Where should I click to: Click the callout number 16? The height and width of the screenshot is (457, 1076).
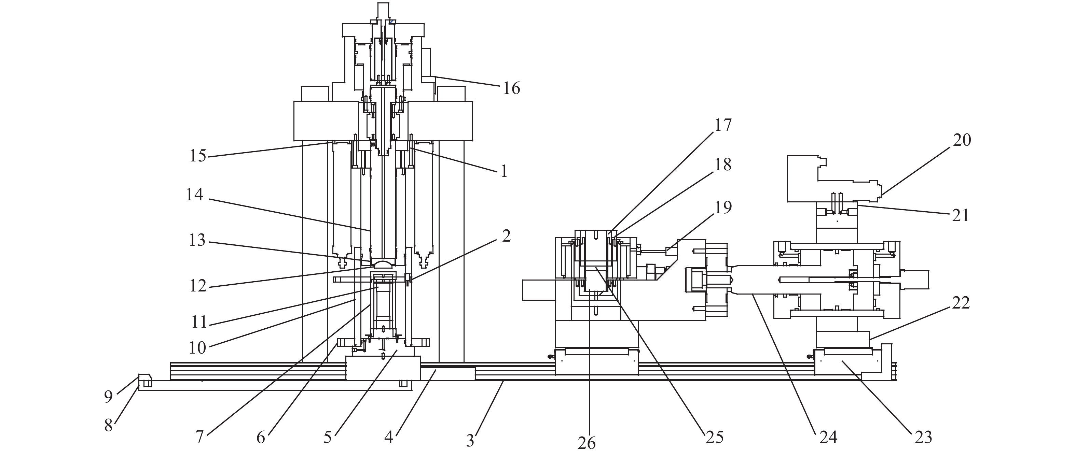tap(511, 88)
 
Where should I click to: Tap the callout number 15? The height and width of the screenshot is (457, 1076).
tap(198, 156)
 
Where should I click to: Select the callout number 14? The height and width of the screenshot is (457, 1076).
tap(195, 195)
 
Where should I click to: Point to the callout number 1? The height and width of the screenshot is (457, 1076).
tap(504, 171)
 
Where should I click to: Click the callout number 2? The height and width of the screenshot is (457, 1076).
tap(506, 236)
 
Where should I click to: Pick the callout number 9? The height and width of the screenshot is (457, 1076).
tap(109, 397)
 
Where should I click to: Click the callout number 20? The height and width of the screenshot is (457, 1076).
tap(962, 140)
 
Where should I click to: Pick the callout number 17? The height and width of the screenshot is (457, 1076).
tap(723, 125)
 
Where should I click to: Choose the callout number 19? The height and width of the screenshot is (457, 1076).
tap(723, 208)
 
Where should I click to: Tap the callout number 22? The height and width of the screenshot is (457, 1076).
tap(961, 303)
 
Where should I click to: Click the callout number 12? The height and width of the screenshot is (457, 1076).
tap(198, 286)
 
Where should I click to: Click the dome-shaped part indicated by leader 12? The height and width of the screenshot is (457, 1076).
tap(383, 264)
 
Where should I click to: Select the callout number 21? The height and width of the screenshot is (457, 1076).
tap(960, 215)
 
